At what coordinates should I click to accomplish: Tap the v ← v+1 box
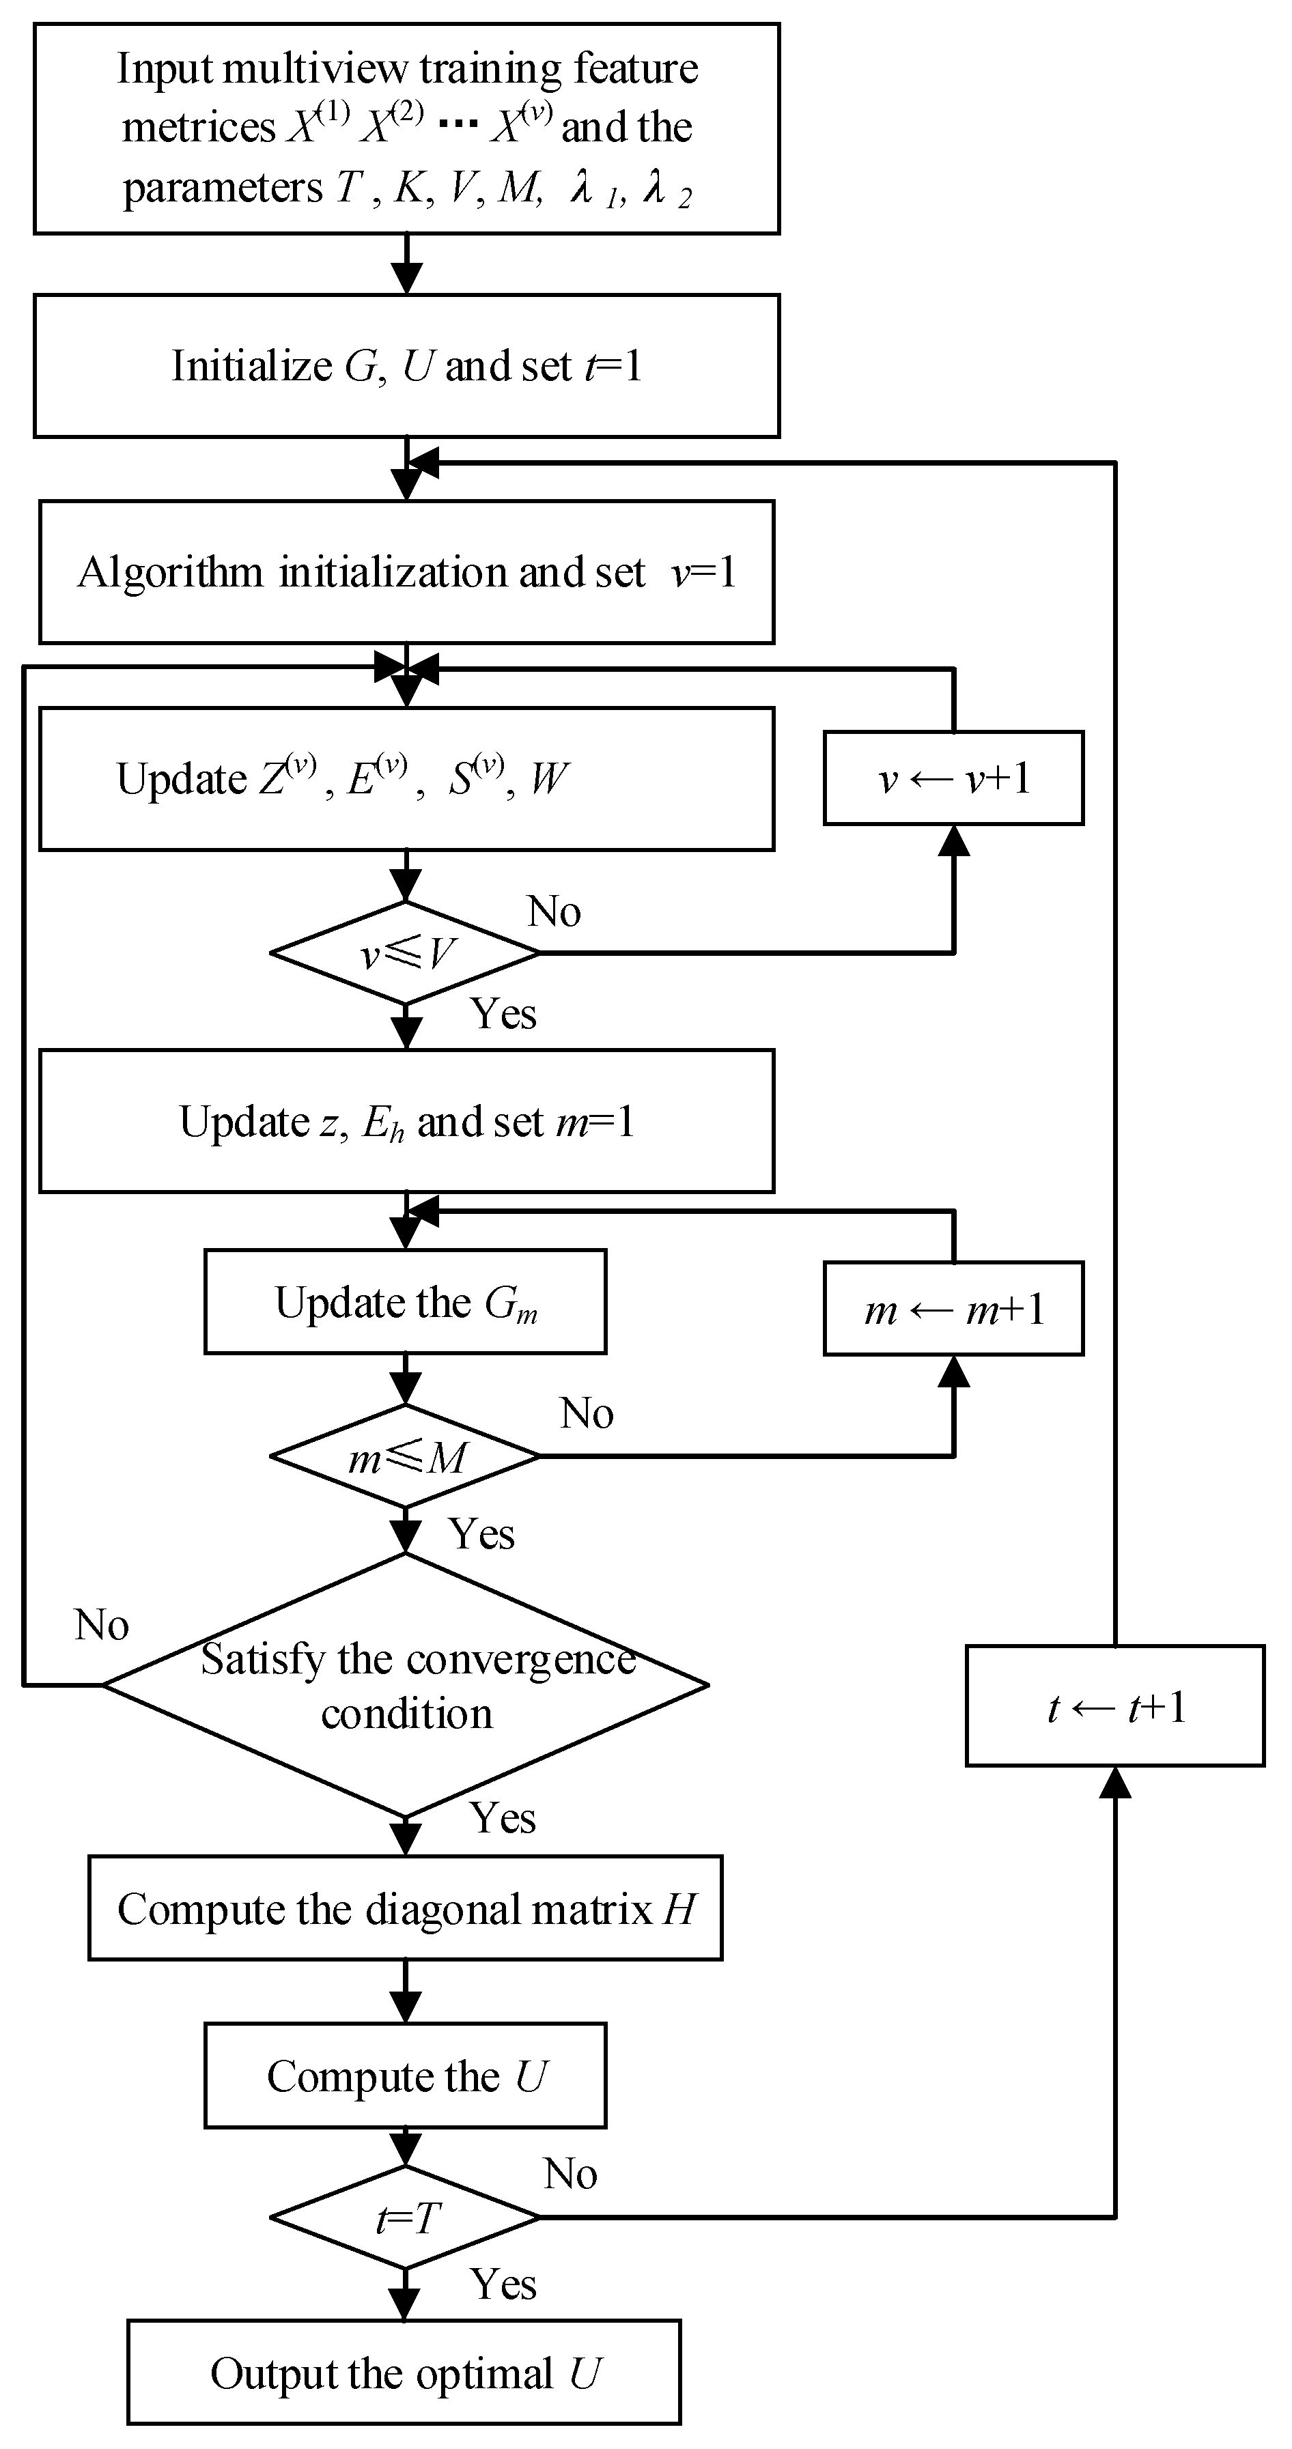[953, 778]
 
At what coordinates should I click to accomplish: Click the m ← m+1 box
[953, 1308]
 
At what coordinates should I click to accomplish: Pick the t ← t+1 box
[1114, 1705]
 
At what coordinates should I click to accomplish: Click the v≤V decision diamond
[406, 952]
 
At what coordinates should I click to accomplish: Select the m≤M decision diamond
[406, 1456]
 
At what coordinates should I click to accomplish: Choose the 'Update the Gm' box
[405, 1301]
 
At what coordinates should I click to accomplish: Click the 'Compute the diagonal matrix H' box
[405, 1908]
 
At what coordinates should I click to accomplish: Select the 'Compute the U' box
[405, 2076]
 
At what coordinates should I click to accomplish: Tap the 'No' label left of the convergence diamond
[102, 1625]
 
